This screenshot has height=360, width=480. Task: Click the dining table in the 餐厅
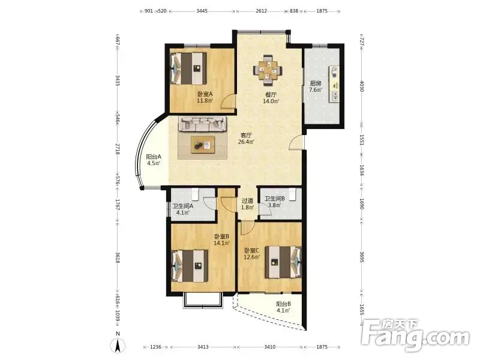point(268,70)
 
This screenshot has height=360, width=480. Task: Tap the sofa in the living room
point(203,124)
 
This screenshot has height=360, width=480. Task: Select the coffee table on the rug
point(203,145)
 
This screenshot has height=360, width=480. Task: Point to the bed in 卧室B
point(190,266)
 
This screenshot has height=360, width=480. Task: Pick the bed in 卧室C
point(283,262)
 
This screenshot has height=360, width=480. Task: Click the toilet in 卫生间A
point(196,194)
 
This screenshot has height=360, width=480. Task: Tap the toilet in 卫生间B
point(292,194)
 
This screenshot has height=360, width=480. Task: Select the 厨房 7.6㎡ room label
point(316,86)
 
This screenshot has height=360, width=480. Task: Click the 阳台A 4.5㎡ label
point(154,160)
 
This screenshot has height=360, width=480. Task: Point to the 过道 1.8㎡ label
point(248,204)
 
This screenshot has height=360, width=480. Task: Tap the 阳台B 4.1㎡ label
point(283,307)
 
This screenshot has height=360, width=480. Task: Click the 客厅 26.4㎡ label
point(246,138)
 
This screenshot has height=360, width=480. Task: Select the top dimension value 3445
point(202,11)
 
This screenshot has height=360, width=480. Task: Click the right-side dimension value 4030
point(361,86)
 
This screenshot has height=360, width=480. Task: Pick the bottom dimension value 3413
point(203,347)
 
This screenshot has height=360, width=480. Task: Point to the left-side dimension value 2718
point(118,149)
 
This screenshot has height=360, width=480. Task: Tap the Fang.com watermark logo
point(415,335)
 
